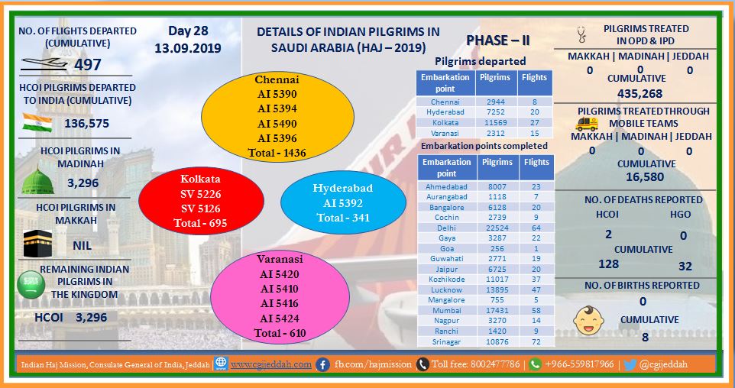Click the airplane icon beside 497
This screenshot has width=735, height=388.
tap(44, 64)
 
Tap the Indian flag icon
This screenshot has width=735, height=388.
tap(37, 123)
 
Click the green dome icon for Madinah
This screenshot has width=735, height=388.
tap(37, 181)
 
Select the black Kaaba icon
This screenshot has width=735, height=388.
tap(37, 243)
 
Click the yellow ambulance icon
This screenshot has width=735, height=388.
tap(587, 124)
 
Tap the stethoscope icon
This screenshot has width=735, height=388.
tap(581, 34)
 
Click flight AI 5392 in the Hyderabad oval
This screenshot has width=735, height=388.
tap(342, 203)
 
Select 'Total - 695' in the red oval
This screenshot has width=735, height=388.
tap(200, 223)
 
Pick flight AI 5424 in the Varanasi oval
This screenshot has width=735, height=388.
tap(280, 318)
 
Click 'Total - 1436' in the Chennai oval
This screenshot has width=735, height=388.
tap(277, 153)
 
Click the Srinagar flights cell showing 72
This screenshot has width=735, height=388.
tap(536, 341)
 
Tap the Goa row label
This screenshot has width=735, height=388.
tap(447, 248)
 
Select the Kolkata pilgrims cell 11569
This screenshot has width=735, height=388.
tap(495, 122)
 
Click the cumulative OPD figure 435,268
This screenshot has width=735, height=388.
tap(639, 93)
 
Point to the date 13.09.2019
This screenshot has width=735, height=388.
tap(188, 48)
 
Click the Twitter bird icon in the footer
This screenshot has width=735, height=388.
tap(630, 364)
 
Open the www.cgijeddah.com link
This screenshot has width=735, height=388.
tap(271, 364)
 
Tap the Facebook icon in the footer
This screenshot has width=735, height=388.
tap(322, 364)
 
